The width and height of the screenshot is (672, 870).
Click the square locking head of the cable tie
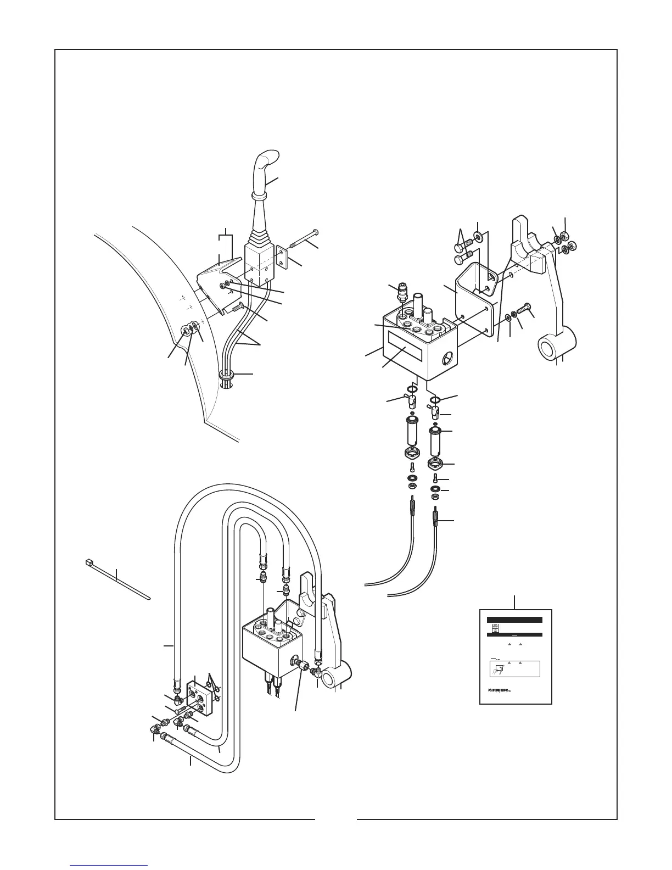[x=87, y=562]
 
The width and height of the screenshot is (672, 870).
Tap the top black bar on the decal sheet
[x=514, y=620]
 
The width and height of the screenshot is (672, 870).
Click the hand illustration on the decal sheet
[x=498, y=669]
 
